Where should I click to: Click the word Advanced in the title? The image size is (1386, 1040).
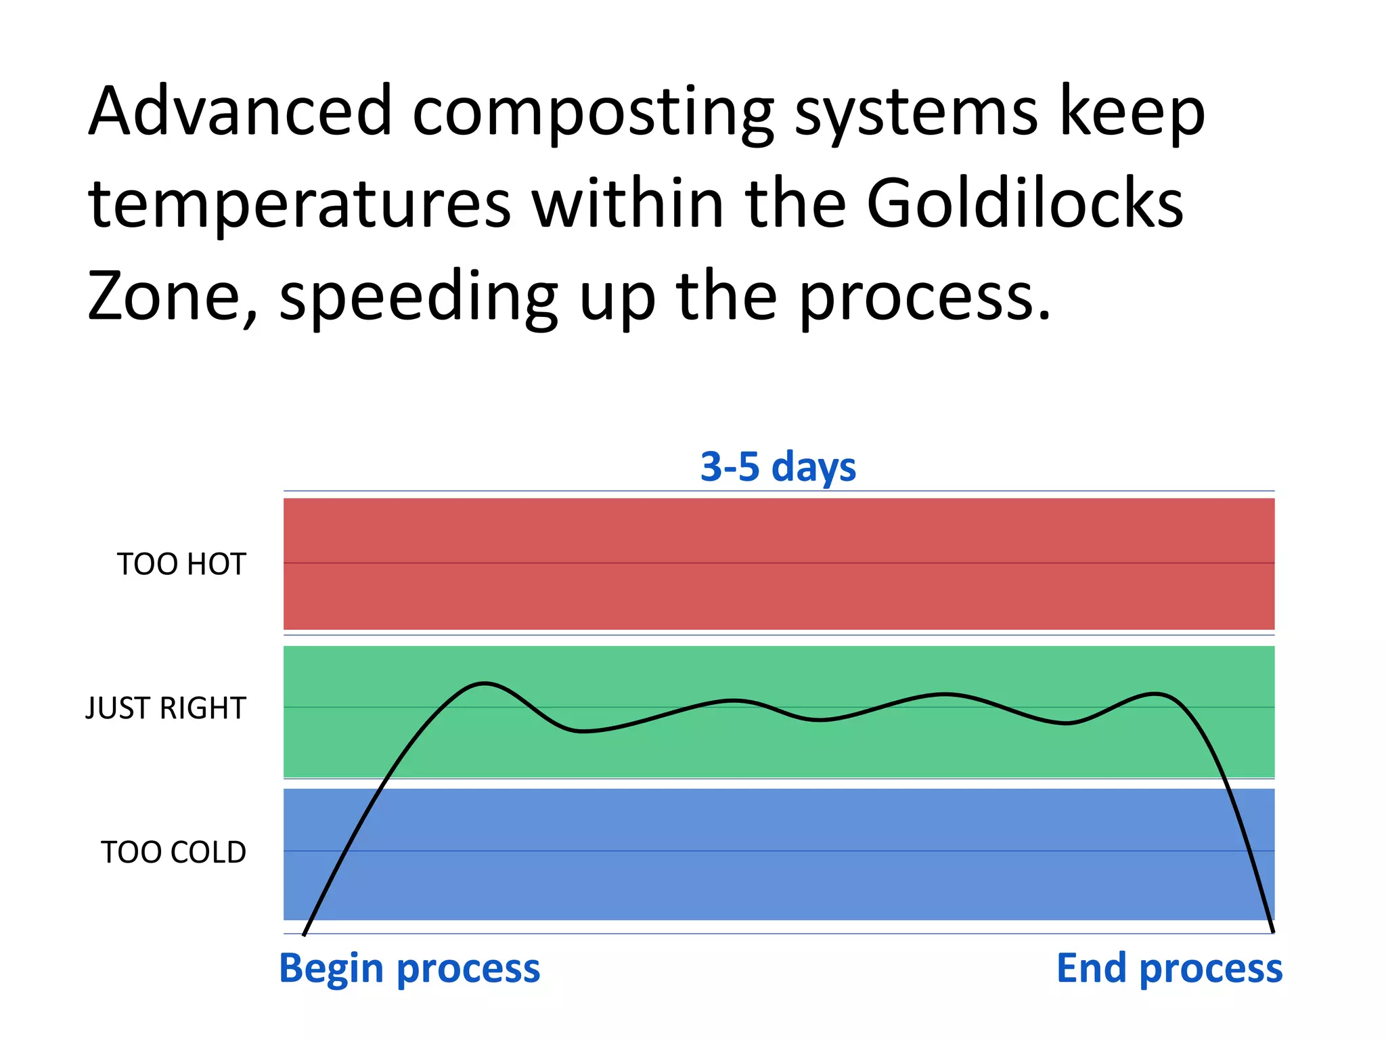click(240, 111)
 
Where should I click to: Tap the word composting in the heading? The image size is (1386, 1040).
click(593, 114)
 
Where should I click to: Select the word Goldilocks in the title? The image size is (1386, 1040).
click(1025, 203)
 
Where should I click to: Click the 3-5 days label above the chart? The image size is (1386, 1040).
click(778, 467)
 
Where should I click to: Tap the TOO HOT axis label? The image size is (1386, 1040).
click(181, 564)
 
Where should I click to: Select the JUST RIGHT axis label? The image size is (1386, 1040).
click(166, 708)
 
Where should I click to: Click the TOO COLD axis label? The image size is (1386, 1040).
click(173, 852)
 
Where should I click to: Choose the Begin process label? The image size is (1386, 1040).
click(409, 969)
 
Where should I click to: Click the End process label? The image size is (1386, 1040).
click(1169, 969)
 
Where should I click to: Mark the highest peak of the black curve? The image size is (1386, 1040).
click(485, 684)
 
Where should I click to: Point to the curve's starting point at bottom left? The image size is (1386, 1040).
click(304, 935)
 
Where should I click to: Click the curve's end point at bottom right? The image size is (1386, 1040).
click(1273, 932)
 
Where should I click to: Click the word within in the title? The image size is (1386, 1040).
click(627, 203)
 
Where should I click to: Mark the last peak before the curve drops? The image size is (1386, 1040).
click(1156, 693)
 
